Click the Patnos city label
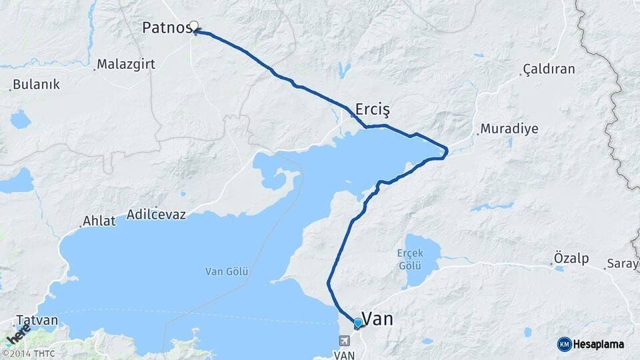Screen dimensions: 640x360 (x=165, y=28)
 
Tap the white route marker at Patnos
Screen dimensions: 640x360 (x=194, y=26)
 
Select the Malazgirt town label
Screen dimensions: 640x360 (x=126, y=65)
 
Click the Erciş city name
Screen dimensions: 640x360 (x=372, y=109)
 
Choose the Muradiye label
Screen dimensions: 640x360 (x=509, y=129)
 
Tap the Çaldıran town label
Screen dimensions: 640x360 (x=549, y=69)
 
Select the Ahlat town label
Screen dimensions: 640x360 (x=99, y=221)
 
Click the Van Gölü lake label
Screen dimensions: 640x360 (x=227, y=271)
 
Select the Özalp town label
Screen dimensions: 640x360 (x=571, y=258)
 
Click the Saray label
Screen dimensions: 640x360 (x=623, y=264)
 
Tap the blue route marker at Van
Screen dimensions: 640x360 (x=358, y=323)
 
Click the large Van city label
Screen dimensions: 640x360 (x=377, y=319)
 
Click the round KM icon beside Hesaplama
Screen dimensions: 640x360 (x=564, y=344)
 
